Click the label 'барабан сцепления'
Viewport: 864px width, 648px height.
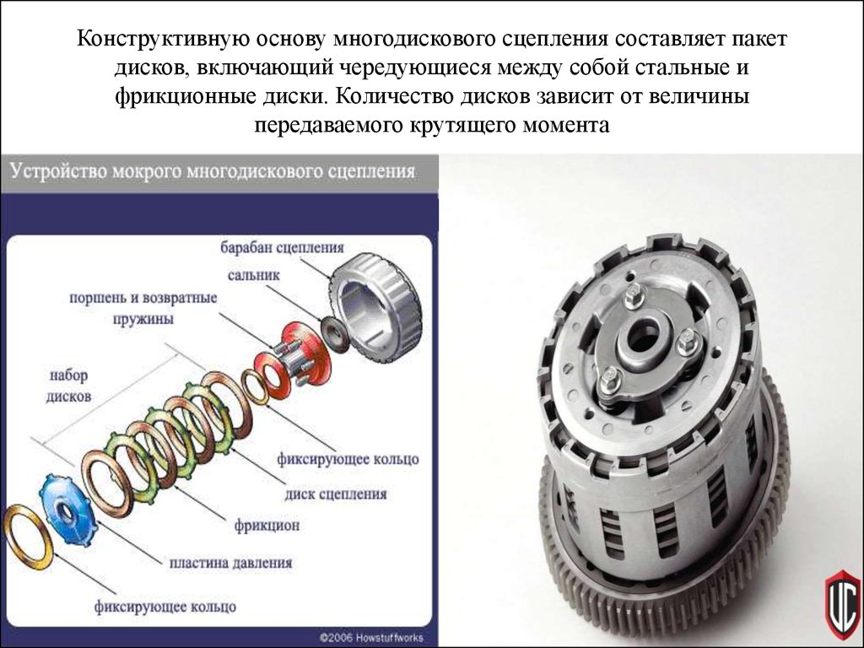tap(282, 247)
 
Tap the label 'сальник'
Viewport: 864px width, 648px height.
tap(253, 275)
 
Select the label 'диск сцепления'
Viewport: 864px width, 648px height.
tap(336, 494)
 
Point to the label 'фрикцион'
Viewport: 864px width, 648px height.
tap(267, 525)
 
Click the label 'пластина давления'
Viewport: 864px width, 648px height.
tap(230, 563)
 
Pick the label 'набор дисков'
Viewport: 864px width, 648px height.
tap(68, 386)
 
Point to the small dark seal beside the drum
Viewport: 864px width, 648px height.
tap(334, 334)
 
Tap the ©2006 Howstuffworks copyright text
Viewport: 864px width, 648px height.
tap(371, 637)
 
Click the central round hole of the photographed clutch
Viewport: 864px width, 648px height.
tap(643, 334)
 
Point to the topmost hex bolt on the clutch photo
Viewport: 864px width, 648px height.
tap(634, 292)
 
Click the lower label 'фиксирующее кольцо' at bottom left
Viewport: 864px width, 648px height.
tap(165, 607)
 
